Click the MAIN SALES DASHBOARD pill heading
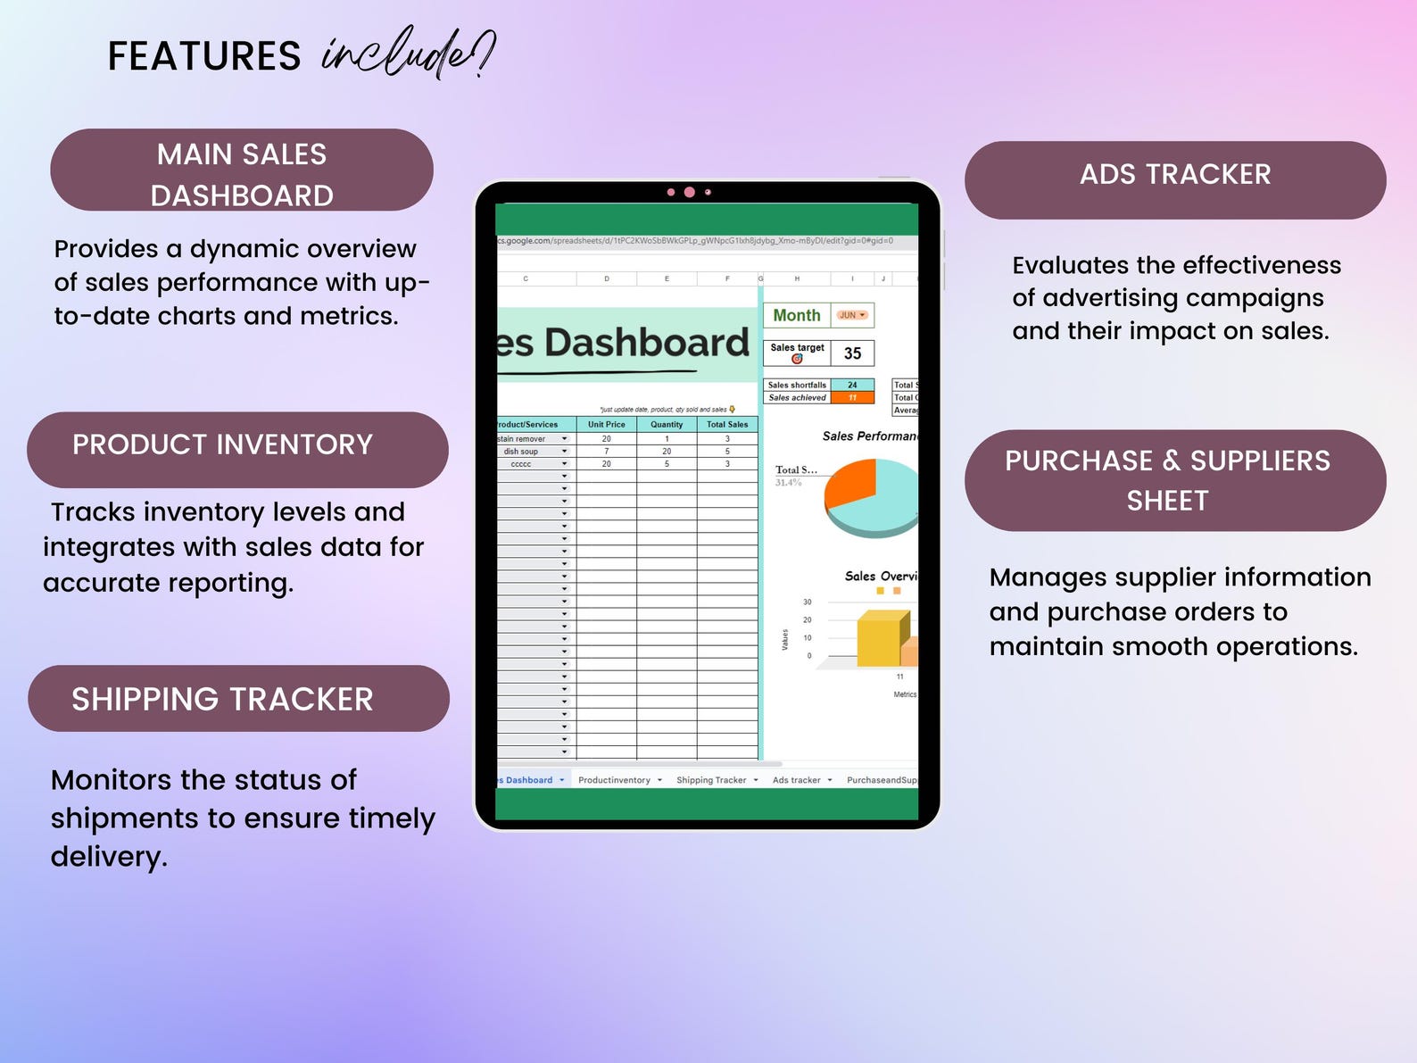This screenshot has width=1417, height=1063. (242, 173)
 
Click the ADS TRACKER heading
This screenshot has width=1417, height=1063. (1175, 175)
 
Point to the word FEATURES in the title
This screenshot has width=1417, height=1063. (204, 56)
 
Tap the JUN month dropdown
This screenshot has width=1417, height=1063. (852, 315)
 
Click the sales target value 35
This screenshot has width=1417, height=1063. (852, 353)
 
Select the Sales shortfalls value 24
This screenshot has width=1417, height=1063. (852, 386)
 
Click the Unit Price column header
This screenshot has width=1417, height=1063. (606, 425)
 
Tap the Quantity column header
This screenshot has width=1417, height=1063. (667, 425)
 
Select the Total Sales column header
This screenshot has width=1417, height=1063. (727, 425)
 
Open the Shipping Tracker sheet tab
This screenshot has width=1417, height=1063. (711, 780)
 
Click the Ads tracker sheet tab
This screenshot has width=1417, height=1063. (797, 780)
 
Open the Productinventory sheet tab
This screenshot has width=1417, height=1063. (614, 780)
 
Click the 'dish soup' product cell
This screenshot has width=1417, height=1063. (521, 452)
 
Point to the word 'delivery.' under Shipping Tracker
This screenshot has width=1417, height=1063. (109, 857)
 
